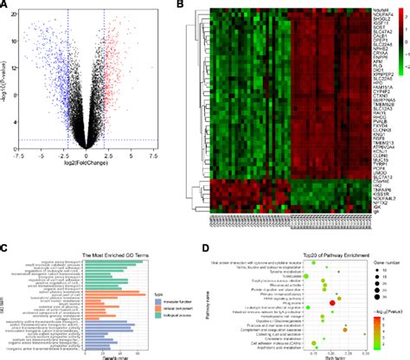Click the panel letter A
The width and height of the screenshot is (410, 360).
point(4,5)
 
